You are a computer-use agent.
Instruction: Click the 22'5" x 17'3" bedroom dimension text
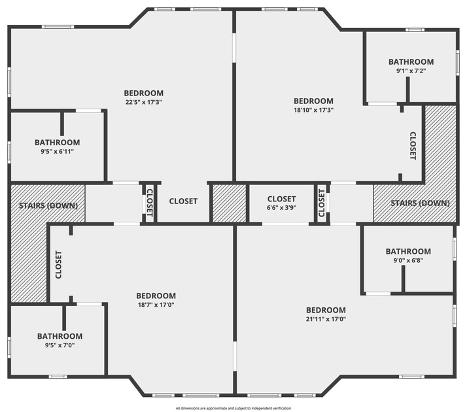pyautogui.click(x=143, y=102)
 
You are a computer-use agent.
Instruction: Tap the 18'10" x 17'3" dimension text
pyautogui.click(x=313, y=110)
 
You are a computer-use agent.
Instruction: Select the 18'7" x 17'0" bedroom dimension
pyautogui.click(x=156, y=305)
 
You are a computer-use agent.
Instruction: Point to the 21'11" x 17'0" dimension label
pyautogui.click(x=326, y=319)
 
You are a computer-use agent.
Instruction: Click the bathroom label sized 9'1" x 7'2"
pyautogui.click(x=411, y=61)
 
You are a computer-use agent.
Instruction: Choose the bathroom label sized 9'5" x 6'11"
pyautogui.click(x=57, y=143)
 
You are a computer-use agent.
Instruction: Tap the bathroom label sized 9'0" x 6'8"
pyautogui.click(x=408, y=251)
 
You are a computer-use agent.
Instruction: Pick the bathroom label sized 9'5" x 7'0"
pyautogui.click(x=60, y=336)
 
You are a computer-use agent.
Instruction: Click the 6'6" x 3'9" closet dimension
pyautogui.click(x=281, y=207)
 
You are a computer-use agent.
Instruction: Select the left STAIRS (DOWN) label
pyautogui.click(x=48, y=205)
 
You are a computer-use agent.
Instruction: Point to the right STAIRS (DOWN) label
pyautogui.click(x=420, y=203)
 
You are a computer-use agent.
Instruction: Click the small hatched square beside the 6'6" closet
pyautogui.click(x=229, y=203)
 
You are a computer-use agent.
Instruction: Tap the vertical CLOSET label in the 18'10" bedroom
pyautogui.click(x=413, y=146)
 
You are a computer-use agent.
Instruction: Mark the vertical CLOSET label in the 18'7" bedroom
pyautogui.click(x=58, y=265)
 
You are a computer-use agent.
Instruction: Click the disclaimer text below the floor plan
pyautogui.click(x=233, y=408)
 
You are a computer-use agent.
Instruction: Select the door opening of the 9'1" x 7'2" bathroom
pyautogui.click(x=382, y=104)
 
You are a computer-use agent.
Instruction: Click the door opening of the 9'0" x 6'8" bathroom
pyautogui.click(x=378, y=294)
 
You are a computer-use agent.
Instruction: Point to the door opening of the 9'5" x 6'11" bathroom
pyautogui.click(x=88, y=111)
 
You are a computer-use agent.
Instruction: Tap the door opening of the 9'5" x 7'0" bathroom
pyautogui.click(x=90, y=304)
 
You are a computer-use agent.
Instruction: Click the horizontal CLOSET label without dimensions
pyautogui.click(x=183, y=201)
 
